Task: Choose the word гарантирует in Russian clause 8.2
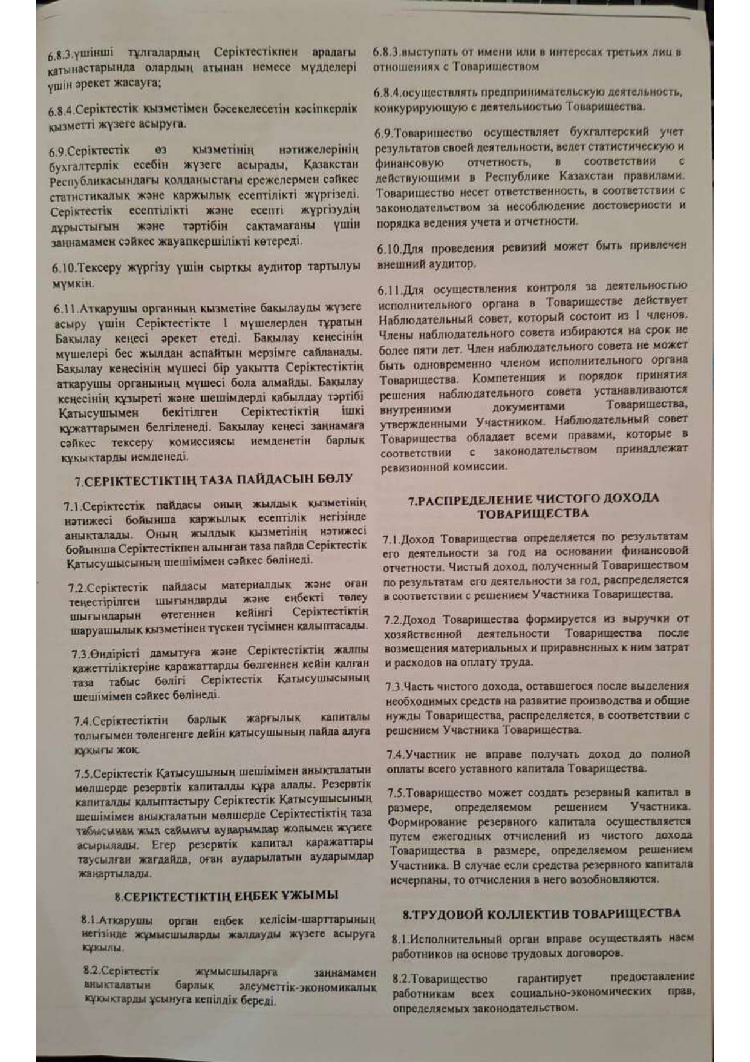[549, 978]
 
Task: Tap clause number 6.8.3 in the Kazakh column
[60, 56]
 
